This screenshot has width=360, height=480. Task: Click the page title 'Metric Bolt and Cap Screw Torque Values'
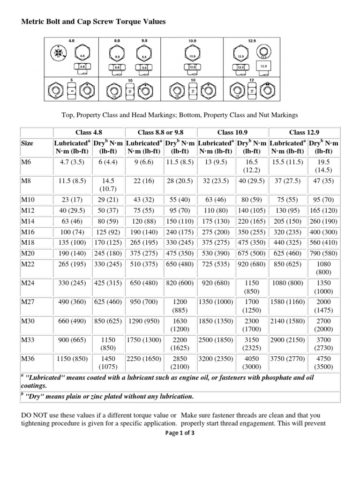pyautogui.click(x=93, y=22)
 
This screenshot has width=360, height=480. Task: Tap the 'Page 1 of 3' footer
pyautogui.click(x=180, y=433)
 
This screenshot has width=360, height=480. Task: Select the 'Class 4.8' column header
pyautogui.click(x=89, y=132)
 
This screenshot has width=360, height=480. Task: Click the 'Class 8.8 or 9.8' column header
pyautogui.click(x=161, y=132)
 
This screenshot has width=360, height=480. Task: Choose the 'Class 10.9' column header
pyautogui.click(x=233, y=132)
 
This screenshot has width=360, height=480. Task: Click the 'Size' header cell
pyautogui.click(x=27, y=143)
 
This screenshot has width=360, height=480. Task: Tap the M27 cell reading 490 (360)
pyautogui.click(x=71, y=303)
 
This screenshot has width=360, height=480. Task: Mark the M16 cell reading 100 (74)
pyautogui.click(x=71, y=232)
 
